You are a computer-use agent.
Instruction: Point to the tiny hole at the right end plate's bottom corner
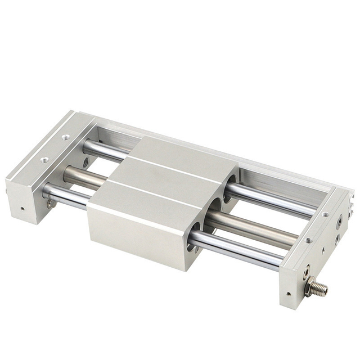tap(289, 292)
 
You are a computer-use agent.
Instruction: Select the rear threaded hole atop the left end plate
tap(67, 137)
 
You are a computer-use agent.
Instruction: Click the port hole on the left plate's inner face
tap(85, 163)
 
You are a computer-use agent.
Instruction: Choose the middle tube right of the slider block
tap(253, 226)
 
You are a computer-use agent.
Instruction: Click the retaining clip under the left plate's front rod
tap(50, 203)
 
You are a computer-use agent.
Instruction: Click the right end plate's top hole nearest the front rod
tap(308, 240)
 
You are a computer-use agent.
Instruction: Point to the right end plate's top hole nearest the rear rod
tap(325, 214)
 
